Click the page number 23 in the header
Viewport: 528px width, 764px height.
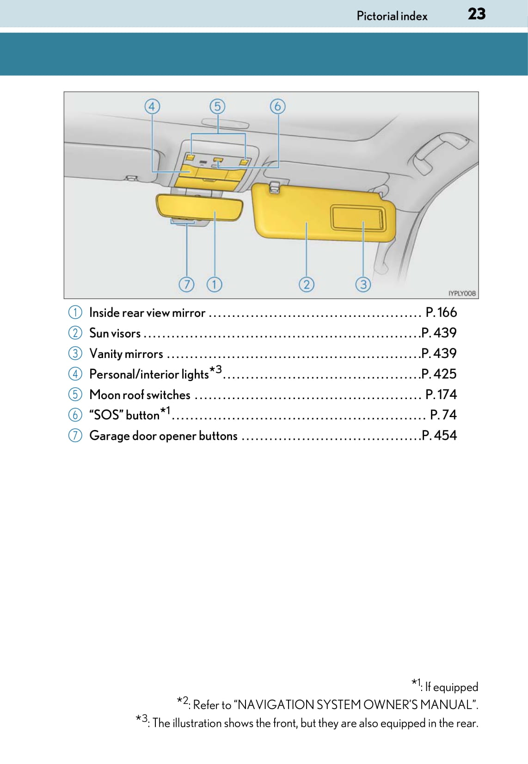coord(477,14)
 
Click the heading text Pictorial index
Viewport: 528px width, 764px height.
coord(392,16)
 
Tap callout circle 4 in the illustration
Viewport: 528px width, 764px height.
coord(152,107)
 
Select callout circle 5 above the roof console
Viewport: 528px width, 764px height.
coord(217,106)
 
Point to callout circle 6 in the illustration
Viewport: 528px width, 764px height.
coord(278,106)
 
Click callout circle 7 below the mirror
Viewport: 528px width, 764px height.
coord(187,285)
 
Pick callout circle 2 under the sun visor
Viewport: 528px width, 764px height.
coord(307,285)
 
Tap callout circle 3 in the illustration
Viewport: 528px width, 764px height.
coord(363,285)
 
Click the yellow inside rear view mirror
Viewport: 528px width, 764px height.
coord(200,207)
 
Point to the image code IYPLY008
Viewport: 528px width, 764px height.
coord(462,293)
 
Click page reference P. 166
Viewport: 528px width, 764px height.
coord(441,312)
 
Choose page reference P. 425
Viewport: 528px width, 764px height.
coord(439,374)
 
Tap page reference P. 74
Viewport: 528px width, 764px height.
coord(443,415)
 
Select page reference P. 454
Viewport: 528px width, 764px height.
coord(439,435)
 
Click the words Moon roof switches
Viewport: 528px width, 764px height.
coord(140,394)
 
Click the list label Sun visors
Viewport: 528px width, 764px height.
coord(115,333)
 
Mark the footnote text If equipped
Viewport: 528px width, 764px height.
coord(452,686)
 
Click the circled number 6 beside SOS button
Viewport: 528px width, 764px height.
coord(75,415)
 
